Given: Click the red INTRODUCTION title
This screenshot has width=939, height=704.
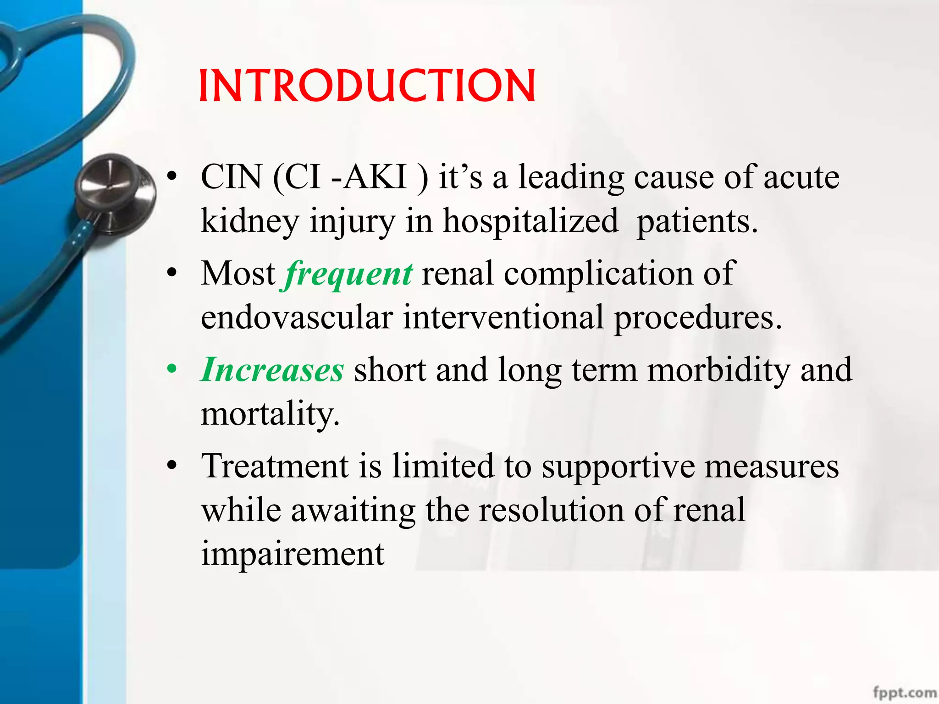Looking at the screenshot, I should pos(367,86).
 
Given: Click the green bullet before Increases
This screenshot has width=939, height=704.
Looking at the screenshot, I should pos(172,369).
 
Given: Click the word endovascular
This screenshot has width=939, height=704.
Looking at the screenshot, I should pos(297,318).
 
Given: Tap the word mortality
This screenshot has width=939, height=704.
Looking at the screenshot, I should pos(270,413).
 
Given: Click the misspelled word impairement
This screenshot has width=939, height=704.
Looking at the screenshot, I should pos(293,554).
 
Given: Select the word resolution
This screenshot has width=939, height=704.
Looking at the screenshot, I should pos(552,510).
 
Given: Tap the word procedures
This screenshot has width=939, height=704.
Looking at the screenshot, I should pos(697,318).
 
